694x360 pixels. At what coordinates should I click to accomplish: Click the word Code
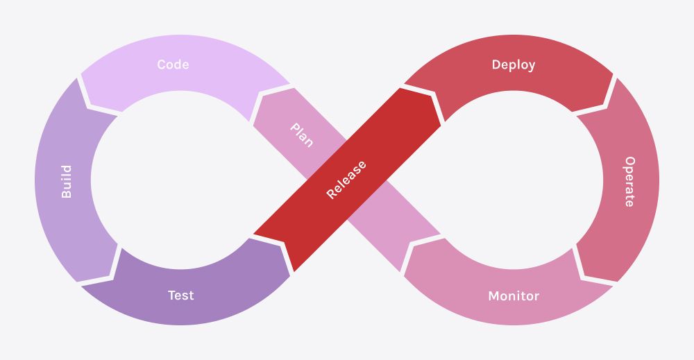173,65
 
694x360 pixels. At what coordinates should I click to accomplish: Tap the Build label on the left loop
67,182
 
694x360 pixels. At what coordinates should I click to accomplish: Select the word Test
180,295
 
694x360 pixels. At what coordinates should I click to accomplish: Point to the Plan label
301,135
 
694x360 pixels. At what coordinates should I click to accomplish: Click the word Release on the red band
346,180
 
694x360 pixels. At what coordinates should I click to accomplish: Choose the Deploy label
514,65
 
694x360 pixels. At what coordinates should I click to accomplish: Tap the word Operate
629,182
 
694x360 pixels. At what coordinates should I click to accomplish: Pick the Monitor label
514,296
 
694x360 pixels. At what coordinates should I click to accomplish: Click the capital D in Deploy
496,65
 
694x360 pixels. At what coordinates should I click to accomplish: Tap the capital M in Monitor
493,296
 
